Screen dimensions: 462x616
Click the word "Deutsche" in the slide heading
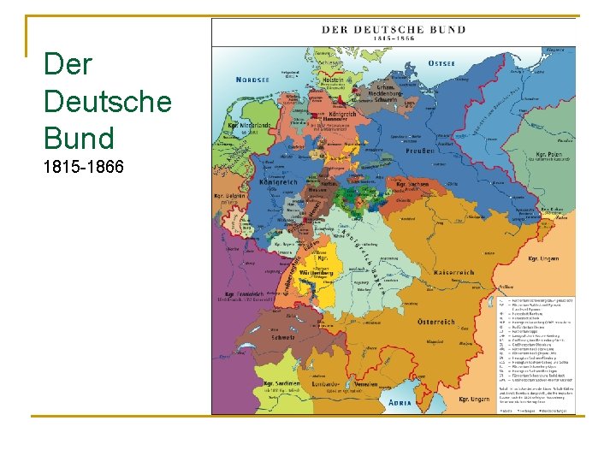(x=107, y=101)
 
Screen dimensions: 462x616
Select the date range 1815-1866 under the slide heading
(x=83, y=166)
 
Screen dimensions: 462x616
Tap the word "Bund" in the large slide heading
(x=79, y=138)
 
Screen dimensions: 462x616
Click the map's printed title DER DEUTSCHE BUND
(x=394, y=29)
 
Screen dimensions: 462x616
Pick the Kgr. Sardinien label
(x=281, y=383)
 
